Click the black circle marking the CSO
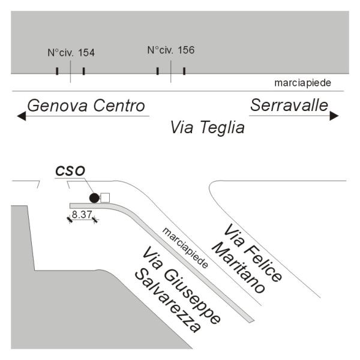coord(94,198)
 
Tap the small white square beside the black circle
coord(105,198)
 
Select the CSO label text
coord(70,171)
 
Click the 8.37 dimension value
coord(82,214)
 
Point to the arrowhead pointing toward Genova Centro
coord(22,116)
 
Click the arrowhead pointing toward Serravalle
coord(334,115)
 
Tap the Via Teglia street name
coord(208,127)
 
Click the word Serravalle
coord(289,105)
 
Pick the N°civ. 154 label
coord(71,53)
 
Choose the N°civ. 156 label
coord(171,50)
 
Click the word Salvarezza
coord(168,301)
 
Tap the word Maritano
coord(239,268)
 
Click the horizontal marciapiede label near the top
coord(302,83)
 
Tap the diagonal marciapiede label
coord(185,248)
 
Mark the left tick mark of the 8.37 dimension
coord(70,220)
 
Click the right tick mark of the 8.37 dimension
coord(95,220)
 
